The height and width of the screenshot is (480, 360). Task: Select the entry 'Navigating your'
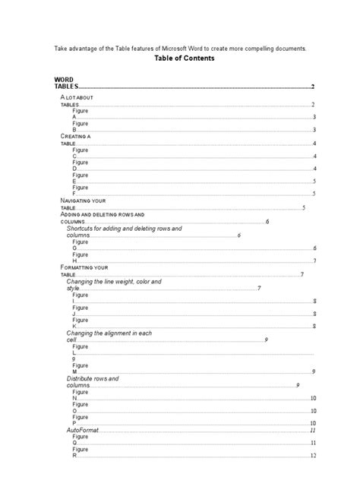(85, 200)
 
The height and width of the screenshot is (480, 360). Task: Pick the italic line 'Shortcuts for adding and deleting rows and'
(124, 229)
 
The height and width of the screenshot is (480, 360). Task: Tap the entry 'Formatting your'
(84, 267)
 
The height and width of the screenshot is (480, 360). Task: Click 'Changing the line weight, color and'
(114, 282)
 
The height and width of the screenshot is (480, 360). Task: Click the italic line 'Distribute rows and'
(93, 377)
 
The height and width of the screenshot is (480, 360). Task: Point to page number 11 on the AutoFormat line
(312, 430)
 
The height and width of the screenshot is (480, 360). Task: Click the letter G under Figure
(74, 248)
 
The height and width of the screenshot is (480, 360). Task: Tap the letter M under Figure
(74, 371)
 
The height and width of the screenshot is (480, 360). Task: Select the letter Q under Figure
(74, 442)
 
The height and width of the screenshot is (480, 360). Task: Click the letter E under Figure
(74, 181)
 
